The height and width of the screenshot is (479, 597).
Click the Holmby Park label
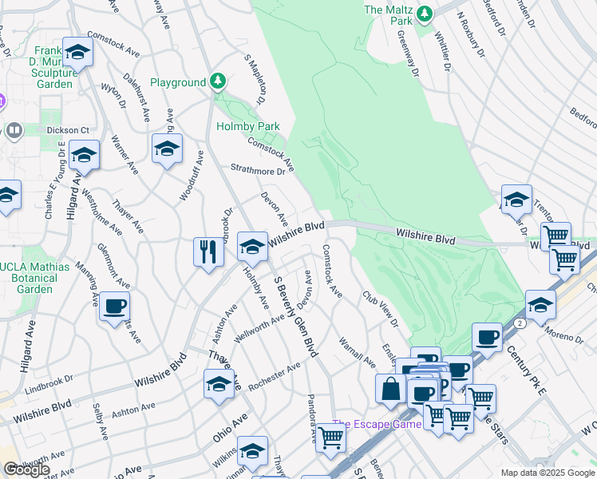pyautogui.click(x=247, y=126)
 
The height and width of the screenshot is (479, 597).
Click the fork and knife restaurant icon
pyautogui.click(x=208, y=251)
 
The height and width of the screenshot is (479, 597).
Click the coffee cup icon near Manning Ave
pyautogui.click(x=115, y=306)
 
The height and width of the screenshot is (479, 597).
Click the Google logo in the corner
pyautogui.click(x=26, y=470)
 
